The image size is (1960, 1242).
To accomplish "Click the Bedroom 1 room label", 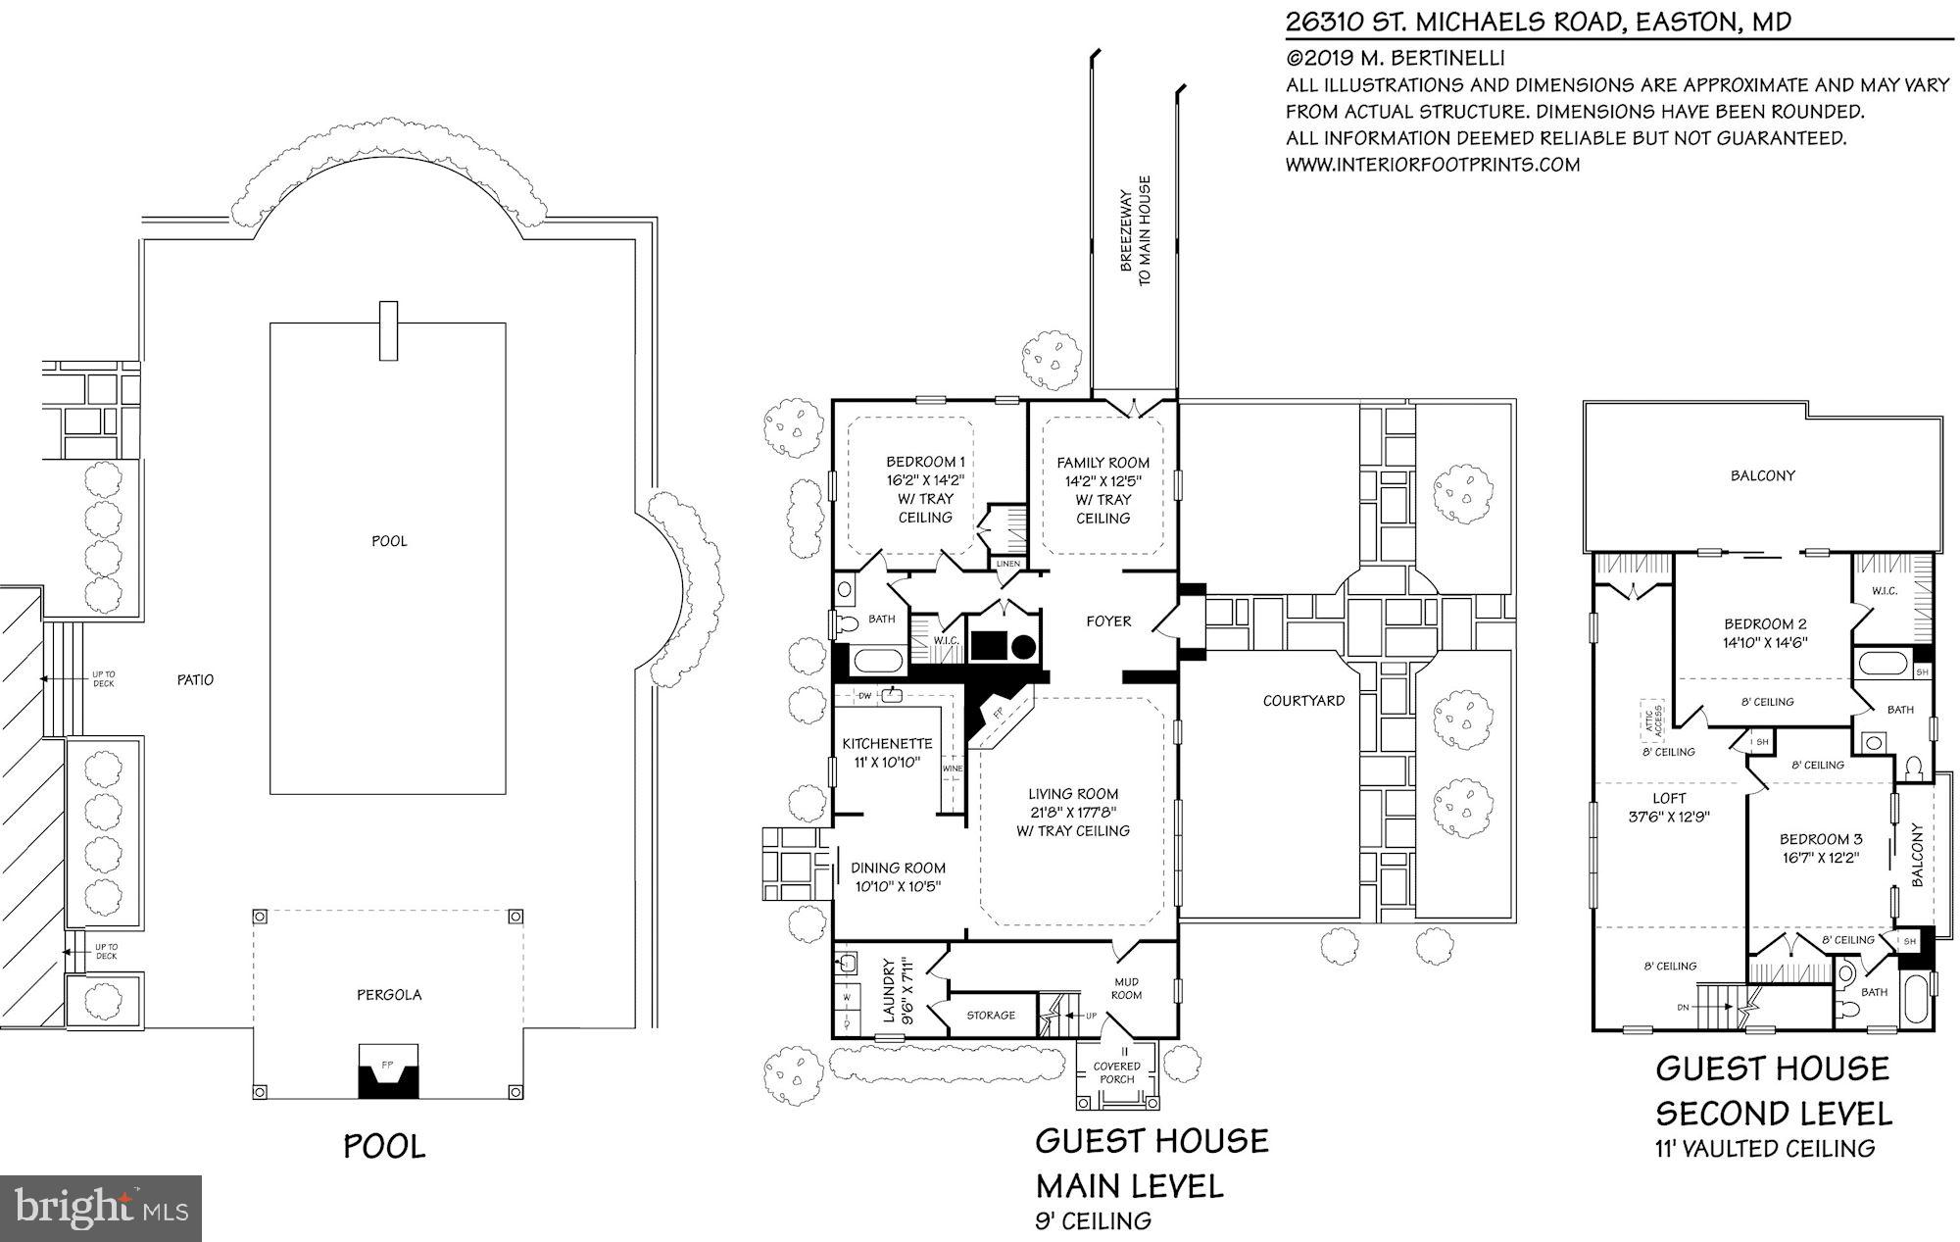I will click(925, 462).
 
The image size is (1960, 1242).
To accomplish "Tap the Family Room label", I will click(1102, 463).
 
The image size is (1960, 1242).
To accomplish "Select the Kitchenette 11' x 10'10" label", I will click(887, 753).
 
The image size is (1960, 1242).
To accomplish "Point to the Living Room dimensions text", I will click(1073, 813).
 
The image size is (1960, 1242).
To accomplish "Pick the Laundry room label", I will click(894, 991).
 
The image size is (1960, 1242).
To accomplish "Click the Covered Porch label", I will click(1117, 1072).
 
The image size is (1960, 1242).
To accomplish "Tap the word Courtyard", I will click(1303, 701).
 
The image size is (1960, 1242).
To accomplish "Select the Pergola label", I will click(389, 995).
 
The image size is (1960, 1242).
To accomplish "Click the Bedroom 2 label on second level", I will click(1765, 624).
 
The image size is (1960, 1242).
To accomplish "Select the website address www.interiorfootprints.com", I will click(1432, 165).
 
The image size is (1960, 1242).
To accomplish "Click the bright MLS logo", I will click(101, 1208).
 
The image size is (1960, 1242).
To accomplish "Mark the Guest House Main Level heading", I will click(1151, 1164).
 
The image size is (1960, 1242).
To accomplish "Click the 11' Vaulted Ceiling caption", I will click(1764, 1148).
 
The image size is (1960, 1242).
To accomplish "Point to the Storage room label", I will click(990, 1016).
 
